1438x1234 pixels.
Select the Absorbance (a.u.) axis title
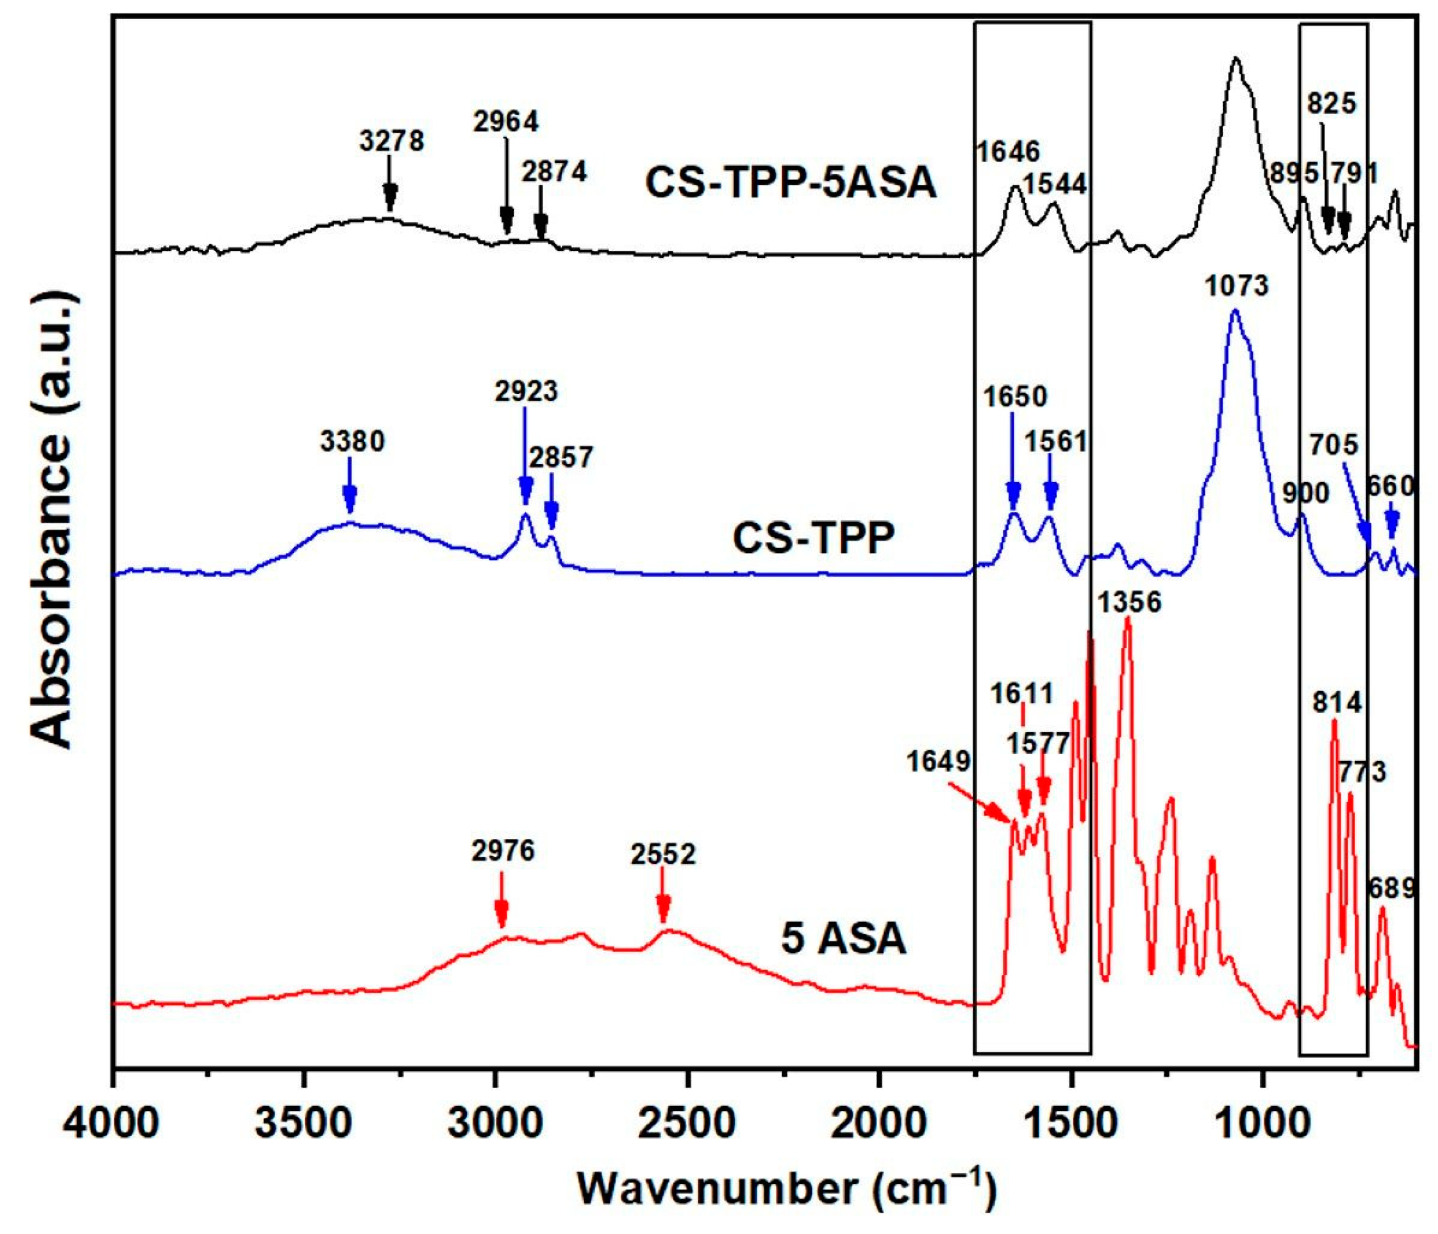[52, 521]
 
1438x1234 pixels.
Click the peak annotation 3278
[392, 141]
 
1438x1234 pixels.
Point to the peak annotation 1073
[1237, 286]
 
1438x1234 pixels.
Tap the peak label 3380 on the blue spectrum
[353, 442]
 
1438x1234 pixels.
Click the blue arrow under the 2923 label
[526, 458]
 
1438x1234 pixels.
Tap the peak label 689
[1391, 888]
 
